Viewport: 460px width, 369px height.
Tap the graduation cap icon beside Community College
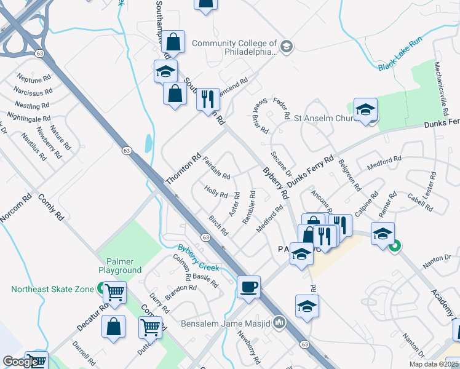(x=286, y=47)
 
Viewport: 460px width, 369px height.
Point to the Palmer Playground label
(x=120, y=266)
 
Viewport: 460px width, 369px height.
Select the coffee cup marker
(x=249, y=287)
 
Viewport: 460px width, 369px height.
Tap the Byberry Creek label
(x=199, y=258)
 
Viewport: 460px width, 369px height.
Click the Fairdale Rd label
(x=216, y=167)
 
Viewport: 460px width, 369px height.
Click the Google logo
(x=20, y=362)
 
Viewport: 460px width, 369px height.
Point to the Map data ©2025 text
(x=434, y=364)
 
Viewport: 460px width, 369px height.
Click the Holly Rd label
(x=216, y=192)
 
